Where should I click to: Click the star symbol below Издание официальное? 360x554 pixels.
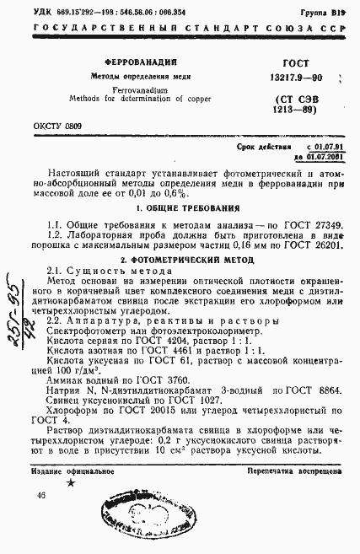click(x=71, y=481)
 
